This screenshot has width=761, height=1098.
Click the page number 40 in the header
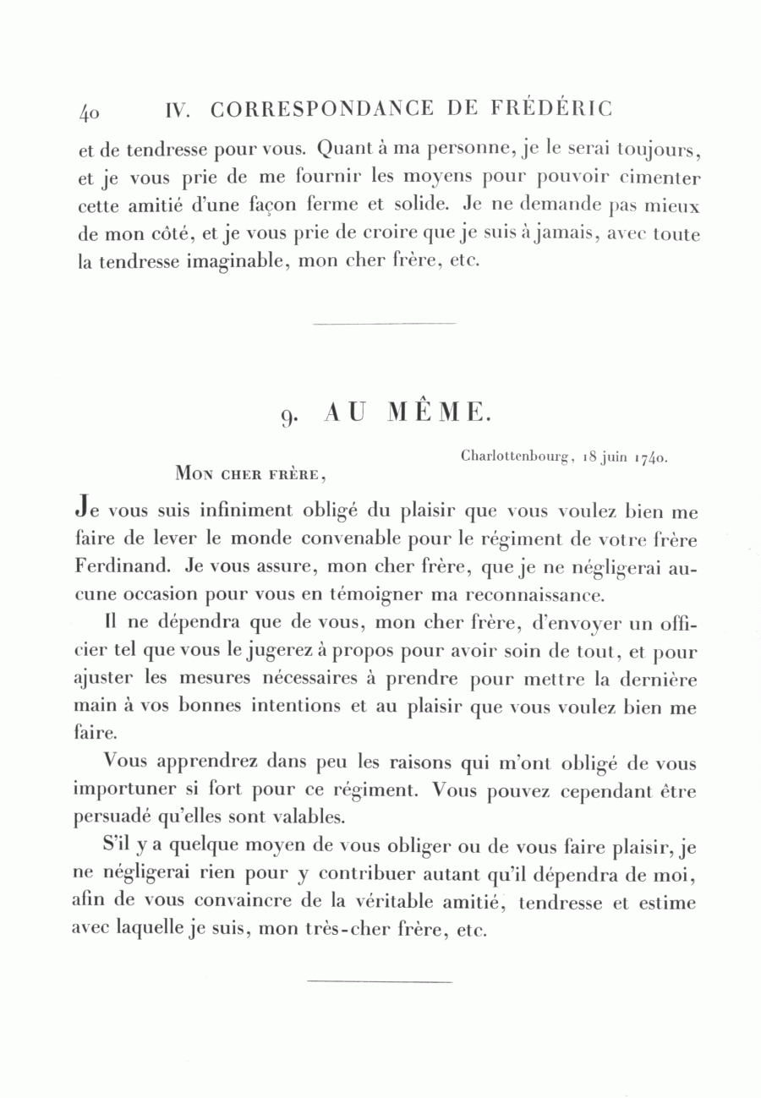click(x=90, y=112)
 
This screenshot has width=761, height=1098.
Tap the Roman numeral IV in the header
click(x=177, y=110)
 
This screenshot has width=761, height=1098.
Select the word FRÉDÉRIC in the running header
click(x=551, y=108)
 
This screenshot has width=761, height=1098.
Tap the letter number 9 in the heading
click(x=287, y=415)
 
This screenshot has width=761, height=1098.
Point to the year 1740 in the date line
click(x=650, y=457)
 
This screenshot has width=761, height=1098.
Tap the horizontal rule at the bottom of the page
click(x=380, y=981)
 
